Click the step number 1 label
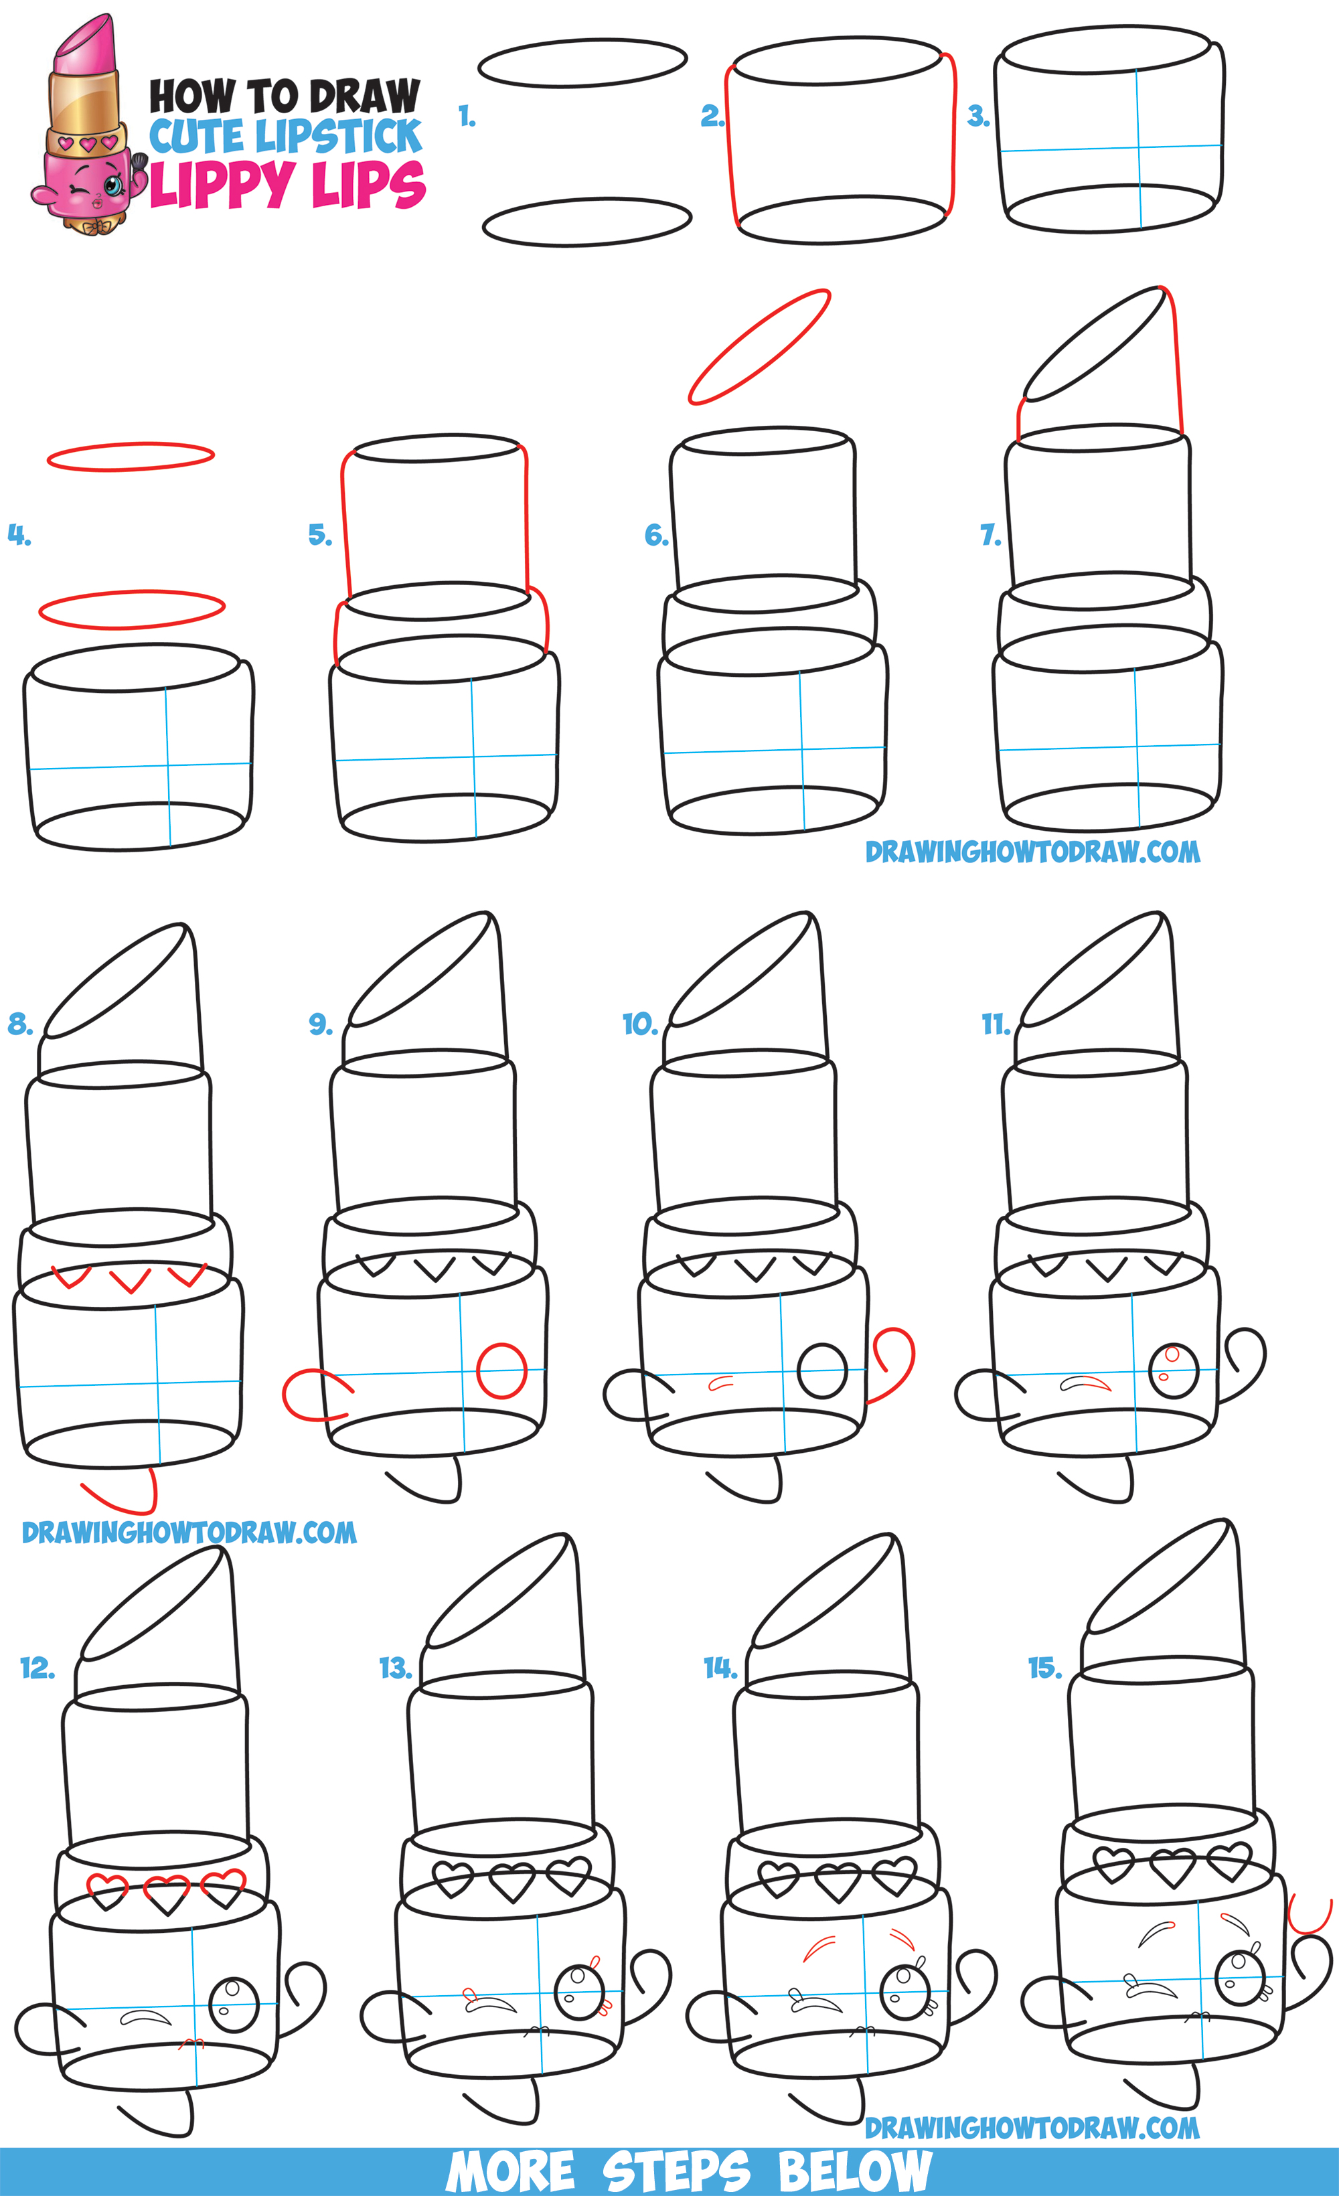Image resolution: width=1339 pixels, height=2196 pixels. [x=466, y=116]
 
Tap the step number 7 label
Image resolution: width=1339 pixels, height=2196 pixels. [x=990, y=535]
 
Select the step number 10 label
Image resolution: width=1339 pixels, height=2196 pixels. [x=640, y=1024]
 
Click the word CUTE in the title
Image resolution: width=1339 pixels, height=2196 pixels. [x=198, y=137]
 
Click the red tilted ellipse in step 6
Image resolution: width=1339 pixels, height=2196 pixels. [x=759, y=347]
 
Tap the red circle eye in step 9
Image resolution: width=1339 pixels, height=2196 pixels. [x=502, y=1370]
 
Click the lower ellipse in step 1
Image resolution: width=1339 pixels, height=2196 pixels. [x=586, y=222]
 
